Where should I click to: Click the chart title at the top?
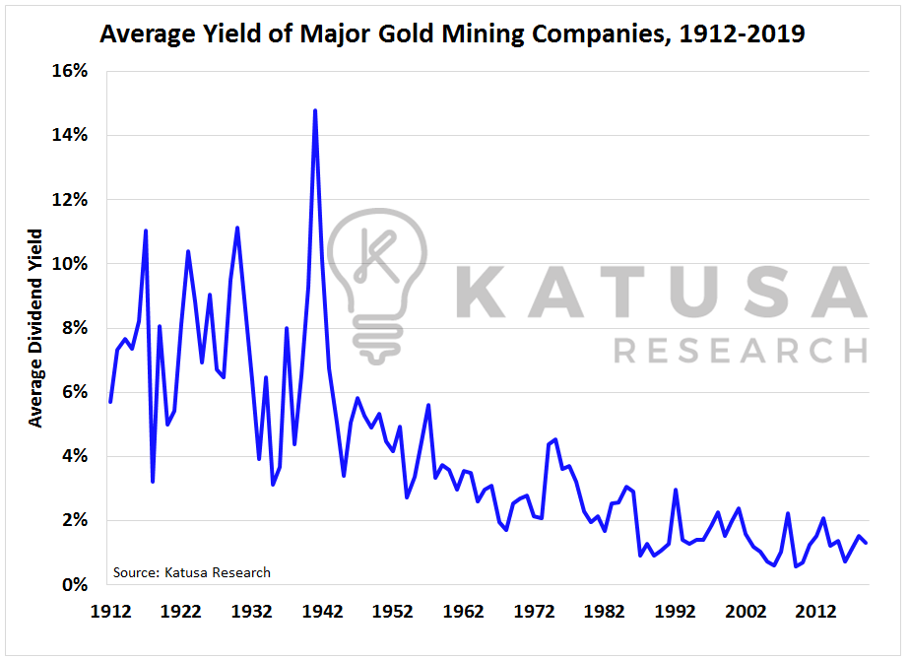(452, 34)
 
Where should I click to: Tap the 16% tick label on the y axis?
(76, 71)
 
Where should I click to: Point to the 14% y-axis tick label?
(76, 135)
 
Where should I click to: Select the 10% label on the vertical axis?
(76, 264)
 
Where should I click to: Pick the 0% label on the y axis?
(80, 584)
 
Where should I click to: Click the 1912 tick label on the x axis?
(110, 611)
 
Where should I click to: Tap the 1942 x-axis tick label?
(322, 611)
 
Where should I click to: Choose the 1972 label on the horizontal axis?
(534, 611)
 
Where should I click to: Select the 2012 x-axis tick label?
(816, 611)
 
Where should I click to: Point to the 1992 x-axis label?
(676, 611)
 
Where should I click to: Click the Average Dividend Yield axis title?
(36, 328)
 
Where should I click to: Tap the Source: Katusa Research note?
(191, 572)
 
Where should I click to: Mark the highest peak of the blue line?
(315, 110)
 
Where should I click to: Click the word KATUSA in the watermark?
(665, 293)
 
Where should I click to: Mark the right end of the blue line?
(866, 543)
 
